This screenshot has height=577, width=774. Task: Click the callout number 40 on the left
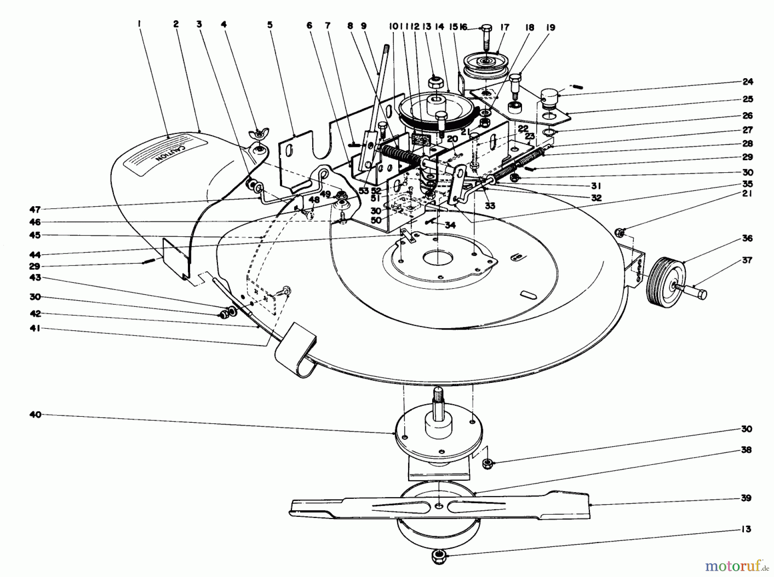35,415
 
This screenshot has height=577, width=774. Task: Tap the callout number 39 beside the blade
746,498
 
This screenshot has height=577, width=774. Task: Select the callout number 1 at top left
140,25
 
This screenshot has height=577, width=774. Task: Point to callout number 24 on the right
748,82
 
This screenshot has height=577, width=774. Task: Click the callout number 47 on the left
35,210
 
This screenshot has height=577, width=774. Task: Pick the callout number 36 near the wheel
747,238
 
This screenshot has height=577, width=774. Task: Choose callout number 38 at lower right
746,450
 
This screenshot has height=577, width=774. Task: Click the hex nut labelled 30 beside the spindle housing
487,463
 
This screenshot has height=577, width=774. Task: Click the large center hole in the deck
437,259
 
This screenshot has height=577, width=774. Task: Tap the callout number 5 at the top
270,25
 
